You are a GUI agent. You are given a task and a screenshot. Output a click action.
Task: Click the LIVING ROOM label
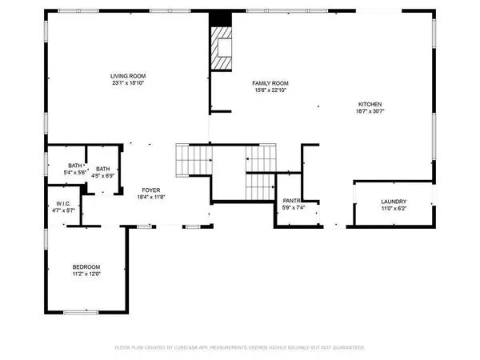click(128, 75)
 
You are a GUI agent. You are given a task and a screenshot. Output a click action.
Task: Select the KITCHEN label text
click(369, 104)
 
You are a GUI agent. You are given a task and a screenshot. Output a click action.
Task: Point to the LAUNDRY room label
click(394, 202)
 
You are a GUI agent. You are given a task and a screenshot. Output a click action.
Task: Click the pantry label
click(291, 202)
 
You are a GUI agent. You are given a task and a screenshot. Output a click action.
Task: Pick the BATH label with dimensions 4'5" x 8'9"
click(103, 169)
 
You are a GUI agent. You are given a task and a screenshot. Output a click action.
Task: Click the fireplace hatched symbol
click(220, 48)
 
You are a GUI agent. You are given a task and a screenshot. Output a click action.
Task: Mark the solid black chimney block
click(219, 21)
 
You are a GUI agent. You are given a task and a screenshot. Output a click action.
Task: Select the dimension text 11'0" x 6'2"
click(394, 208)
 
